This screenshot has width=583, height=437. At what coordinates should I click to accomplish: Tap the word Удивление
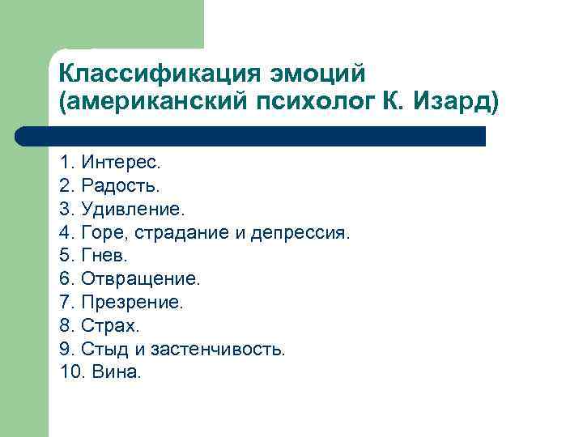pyautogui.click(x=133, y=210)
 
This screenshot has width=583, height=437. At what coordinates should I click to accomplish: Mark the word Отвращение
pyautogui.click(x=139, y=279)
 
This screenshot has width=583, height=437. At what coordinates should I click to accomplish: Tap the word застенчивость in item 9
pyautogui.click(x=228, y=350)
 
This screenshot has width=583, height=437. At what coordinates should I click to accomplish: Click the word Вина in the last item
pyautogui.click(x=118, y=372)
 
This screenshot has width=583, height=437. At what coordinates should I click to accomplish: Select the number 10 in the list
pyautogui.click(x=71, y=372)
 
